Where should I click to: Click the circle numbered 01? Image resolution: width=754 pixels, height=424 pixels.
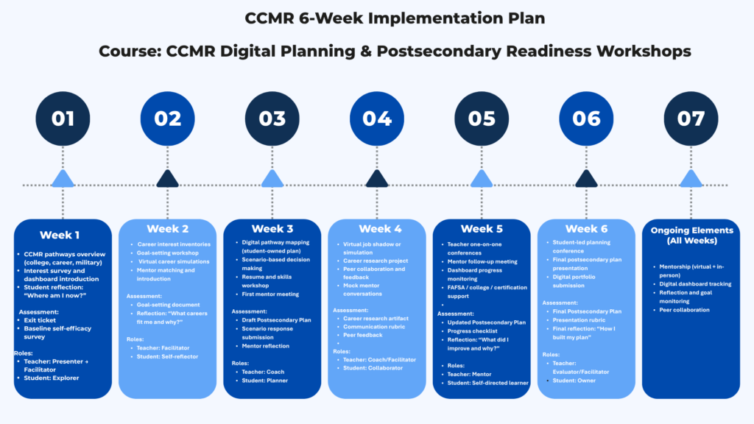point(63,119)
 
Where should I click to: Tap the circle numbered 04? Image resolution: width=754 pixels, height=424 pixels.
point(377,119)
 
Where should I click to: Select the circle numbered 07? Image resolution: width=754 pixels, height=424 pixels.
point(691,119)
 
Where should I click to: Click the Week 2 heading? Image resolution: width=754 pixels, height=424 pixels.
point(167,229)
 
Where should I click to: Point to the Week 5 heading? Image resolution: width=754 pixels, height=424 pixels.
point(482,229)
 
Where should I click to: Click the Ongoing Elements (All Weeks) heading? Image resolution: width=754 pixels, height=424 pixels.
point(691,235)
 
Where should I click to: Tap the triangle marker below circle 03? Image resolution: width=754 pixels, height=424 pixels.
point(272,178)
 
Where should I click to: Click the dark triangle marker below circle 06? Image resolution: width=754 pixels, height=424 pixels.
point(586,178)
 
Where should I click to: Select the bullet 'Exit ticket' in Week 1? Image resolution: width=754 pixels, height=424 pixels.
point(40,320)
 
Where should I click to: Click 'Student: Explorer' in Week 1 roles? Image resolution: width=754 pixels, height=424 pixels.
point(52,378)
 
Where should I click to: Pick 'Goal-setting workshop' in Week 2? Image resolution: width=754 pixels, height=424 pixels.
point(167,253)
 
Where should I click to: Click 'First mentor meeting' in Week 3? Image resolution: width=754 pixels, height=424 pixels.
point(270,294)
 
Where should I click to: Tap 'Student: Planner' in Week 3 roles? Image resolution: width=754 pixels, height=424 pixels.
point(265,381)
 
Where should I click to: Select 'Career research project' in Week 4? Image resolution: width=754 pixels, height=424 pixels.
point(376,261)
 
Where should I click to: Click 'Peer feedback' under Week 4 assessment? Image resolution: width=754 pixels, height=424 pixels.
point(362,335)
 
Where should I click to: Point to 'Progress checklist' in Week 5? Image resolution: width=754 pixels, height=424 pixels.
point(472,331)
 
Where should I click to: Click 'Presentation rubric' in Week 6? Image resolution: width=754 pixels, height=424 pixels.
point(579,320)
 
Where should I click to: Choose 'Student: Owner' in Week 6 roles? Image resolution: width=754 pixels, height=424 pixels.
point(574,381)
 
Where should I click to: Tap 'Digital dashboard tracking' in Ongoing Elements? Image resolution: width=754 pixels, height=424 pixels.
point(695,284)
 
